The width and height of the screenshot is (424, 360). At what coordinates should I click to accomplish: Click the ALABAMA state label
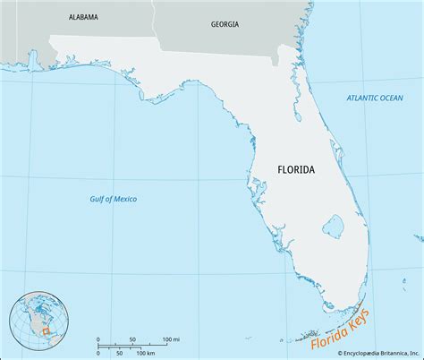click(x=83, y=16)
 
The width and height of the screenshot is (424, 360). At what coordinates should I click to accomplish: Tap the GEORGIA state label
click(x=225, y=24)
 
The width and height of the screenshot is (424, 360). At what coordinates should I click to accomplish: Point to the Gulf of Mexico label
click(x=121, y=198)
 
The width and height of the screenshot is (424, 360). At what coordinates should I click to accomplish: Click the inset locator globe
click(x=34, y=326)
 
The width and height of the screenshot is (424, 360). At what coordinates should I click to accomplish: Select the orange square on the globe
click(x=40, y=334)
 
